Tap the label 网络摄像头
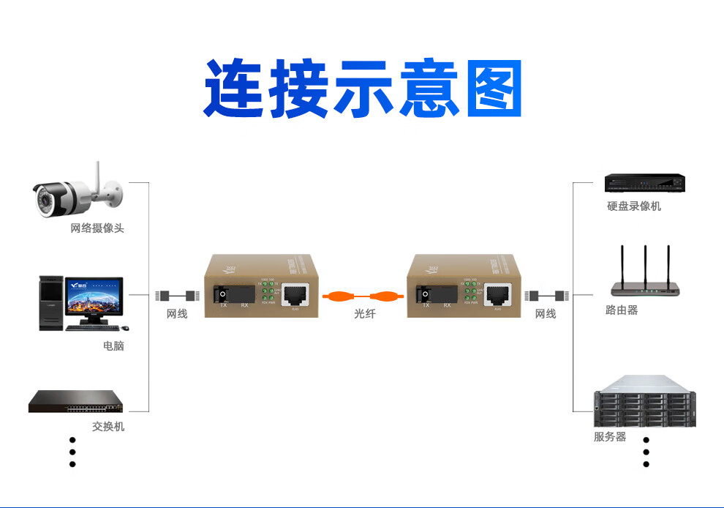pos(97,228)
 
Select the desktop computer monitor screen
pos(94,299)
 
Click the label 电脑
pos(113,345)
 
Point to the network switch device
pos(75,402)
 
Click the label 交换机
pos(108,426)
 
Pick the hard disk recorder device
pos(644,183)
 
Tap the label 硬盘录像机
pos(633,206)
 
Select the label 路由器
pos(622,310)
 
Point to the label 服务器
pos(610,437)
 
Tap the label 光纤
pos(364,314)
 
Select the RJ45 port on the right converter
pos(499,295)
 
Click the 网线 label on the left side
pos(177,314)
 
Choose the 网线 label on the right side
pos(546,314)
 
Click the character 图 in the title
pos(494,89)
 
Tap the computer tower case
pos(51,303)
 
